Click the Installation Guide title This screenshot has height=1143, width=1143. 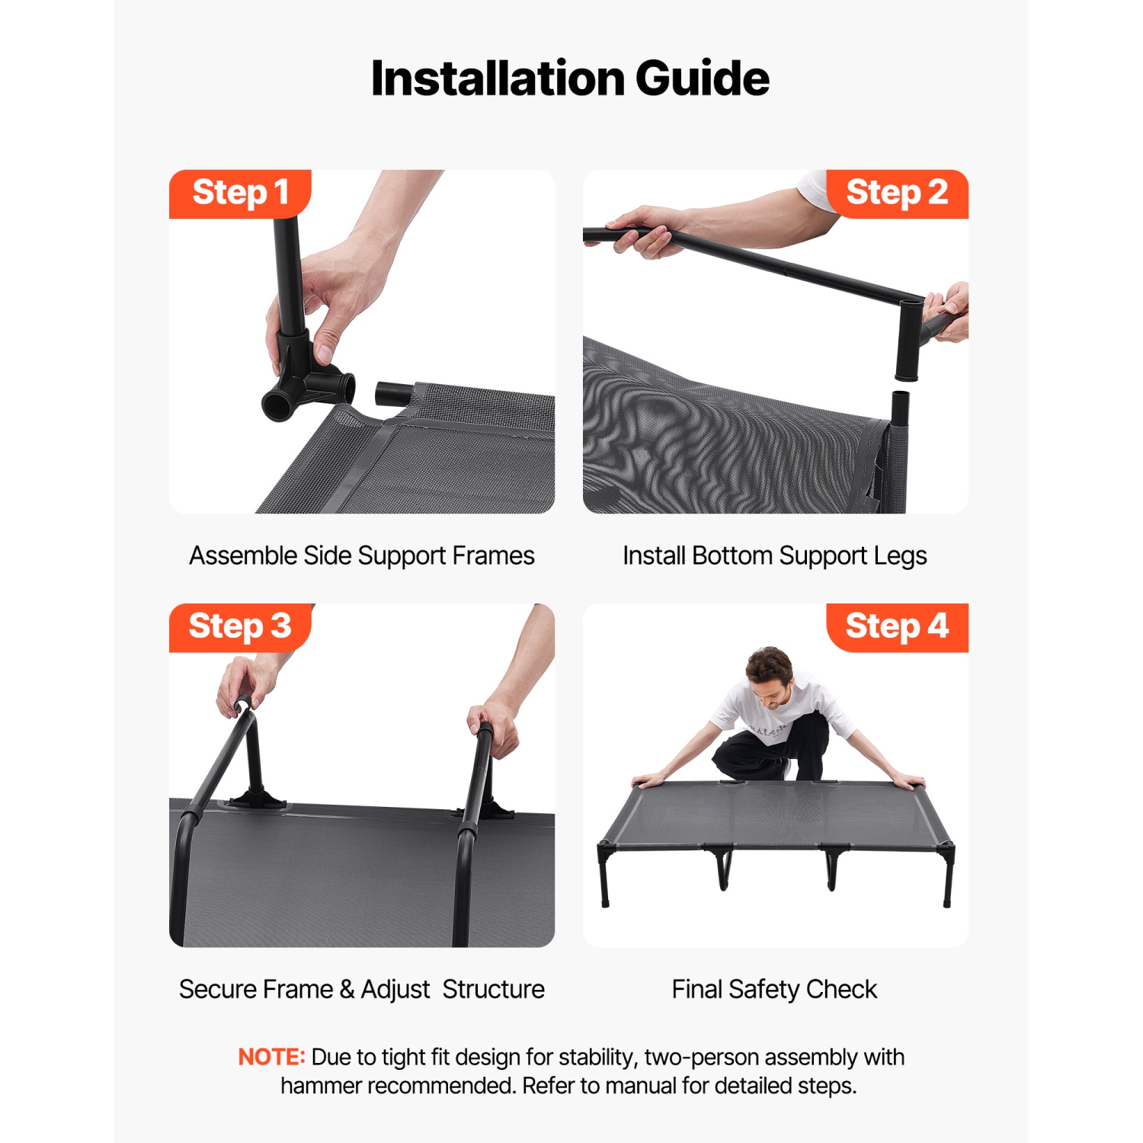coord(570,78)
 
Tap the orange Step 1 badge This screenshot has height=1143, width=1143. coord(240,193)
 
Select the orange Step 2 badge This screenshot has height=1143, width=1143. coord(897,193)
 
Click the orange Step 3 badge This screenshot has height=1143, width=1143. coord(240,626)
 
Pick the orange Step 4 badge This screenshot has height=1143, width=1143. coord(897,626)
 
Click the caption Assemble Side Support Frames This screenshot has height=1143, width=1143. coord(362,555)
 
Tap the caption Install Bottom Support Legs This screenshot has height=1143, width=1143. coord(774,555)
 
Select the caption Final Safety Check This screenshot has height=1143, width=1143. coord(774,989)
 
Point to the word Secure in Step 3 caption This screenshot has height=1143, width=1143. coord(216,989)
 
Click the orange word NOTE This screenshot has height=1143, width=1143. coord(271,1057)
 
